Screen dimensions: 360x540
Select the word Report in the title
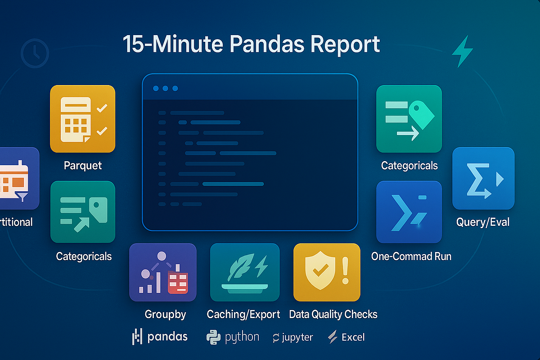[x=345, y=45]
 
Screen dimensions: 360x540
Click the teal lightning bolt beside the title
[x=462, y=52]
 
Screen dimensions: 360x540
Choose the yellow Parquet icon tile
[x=83, y=119]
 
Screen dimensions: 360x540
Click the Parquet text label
[x=83, y=165]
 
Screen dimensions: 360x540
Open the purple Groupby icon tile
[x=162, y=272]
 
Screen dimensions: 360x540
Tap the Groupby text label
[x=165, y=314]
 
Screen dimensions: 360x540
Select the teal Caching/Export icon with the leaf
[x=244, y=272]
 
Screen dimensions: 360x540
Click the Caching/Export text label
[x=243, y=314]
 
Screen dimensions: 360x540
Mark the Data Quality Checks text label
[x=333, y=314]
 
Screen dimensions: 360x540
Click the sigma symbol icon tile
[x=483, y=179]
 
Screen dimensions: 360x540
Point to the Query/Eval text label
[x=483, y=222]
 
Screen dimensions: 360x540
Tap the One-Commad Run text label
[x=411, y=256]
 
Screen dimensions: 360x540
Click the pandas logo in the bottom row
[x=160, y=337]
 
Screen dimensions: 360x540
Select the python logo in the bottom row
[x=233, y=337]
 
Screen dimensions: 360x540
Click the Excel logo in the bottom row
[x=346, y=337]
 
